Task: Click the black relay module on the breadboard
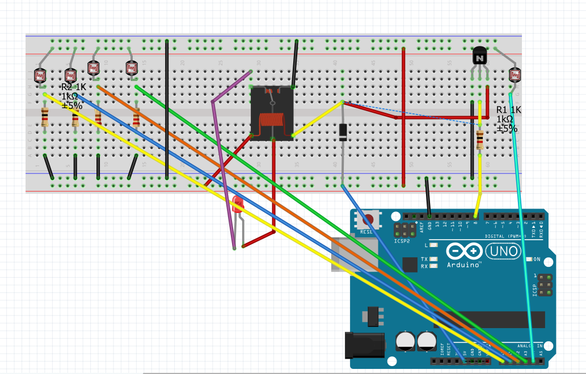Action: pos(272,113)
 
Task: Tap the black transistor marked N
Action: pos(480,56)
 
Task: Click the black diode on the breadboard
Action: pos(343,131)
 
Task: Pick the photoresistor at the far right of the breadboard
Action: pos(515,74)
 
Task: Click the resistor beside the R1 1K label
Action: pos(480,138)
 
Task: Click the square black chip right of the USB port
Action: pos(409,265)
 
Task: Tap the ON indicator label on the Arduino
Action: pos(536,260)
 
